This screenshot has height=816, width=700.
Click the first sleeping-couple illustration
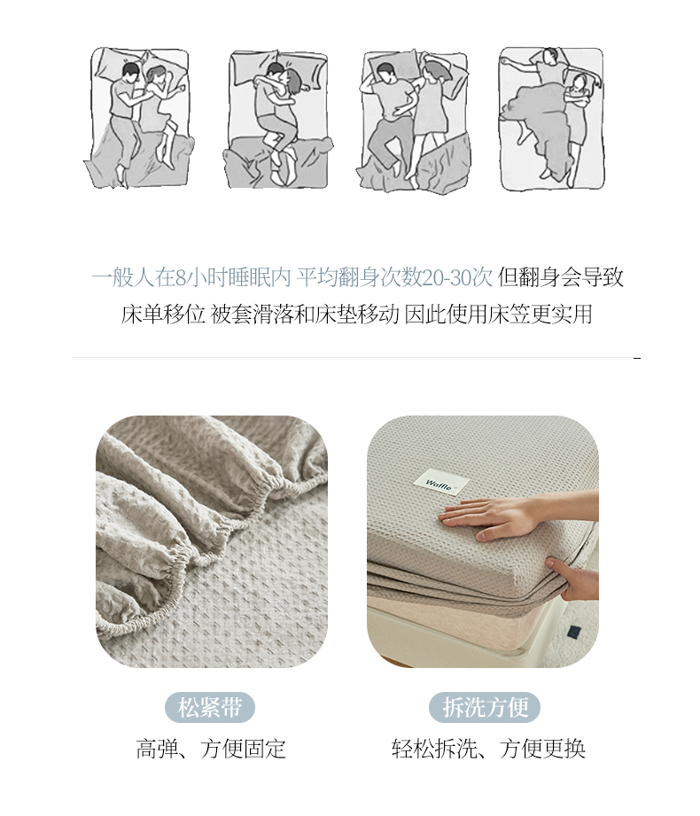(139, 118)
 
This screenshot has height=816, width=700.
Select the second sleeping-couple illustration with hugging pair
(278, 120)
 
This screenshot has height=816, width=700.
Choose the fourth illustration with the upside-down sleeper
(552, 119)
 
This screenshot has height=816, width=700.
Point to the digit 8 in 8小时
(181, 278)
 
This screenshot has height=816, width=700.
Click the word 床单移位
(163, 314)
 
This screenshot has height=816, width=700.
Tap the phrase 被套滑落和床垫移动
(305, 314)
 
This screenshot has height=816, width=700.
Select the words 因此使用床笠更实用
(498, 314)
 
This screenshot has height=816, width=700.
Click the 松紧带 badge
(210, 707)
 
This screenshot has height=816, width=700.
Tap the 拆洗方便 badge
(485, 707)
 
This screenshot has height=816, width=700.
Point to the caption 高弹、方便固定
(211, 749)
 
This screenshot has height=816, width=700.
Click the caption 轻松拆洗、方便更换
(488, 749)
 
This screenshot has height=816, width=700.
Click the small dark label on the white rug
(573, 631)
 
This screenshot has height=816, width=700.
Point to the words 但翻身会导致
(560, 277)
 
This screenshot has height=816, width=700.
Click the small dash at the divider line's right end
(637, 358)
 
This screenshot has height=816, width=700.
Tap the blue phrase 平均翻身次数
(359, 277)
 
